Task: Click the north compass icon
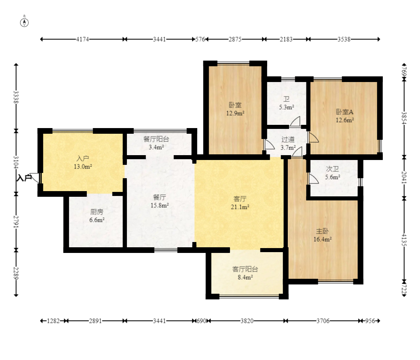coord(24,23)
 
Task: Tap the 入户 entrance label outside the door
coord(24,178)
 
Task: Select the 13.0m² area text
coord(83,166)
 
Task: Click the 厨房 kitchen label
coord(97,212)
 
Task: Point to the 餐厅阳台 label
coord(156,139)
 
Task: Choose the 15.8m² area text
coord(160,205)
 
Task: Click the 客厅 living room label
coord(240,199)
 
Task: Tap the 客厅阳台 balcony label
coord(245,269)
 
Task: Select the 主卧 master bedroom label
coord(323,231)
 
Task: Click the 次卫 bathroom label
coord(332,169)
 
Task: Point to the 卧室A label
coord(345,112)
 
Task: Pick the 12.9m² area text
coord(235,113)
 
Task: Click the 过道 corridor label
coord(288,139)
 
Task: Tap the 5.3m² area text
coord(287,107)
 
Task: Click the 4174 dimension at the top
coord(82,39)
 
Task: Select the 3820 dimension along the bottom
coord(247,321)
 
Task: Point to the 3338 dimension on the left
coord(16,97)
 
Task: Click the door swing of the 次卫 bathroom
coord(313,179)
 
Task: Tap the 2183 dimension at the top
coord(286,39)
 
